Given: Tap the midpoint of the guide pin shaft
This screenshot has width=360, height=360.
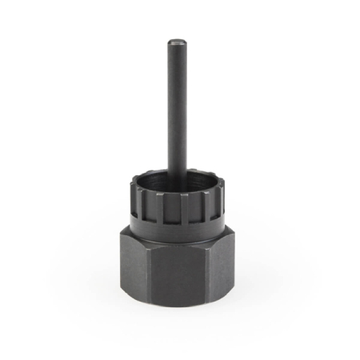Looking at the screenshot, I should (174, 112).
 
